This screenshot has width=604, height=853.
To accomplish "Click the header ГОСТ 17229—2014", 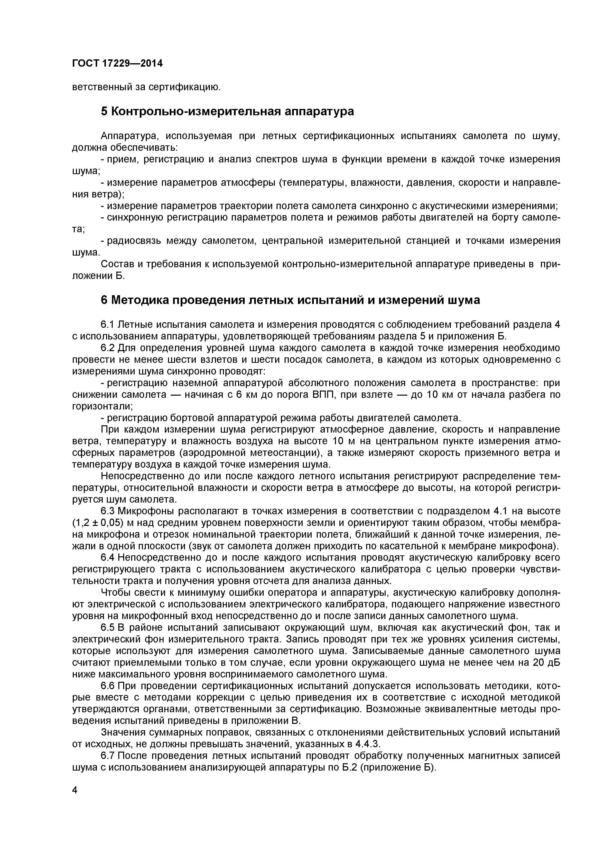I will [117, 63].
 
